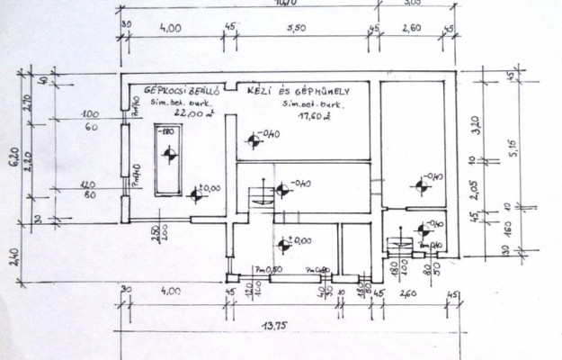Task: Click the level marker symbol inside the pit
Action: (166, 157)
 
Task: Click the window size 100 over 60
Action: (89, 121)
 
